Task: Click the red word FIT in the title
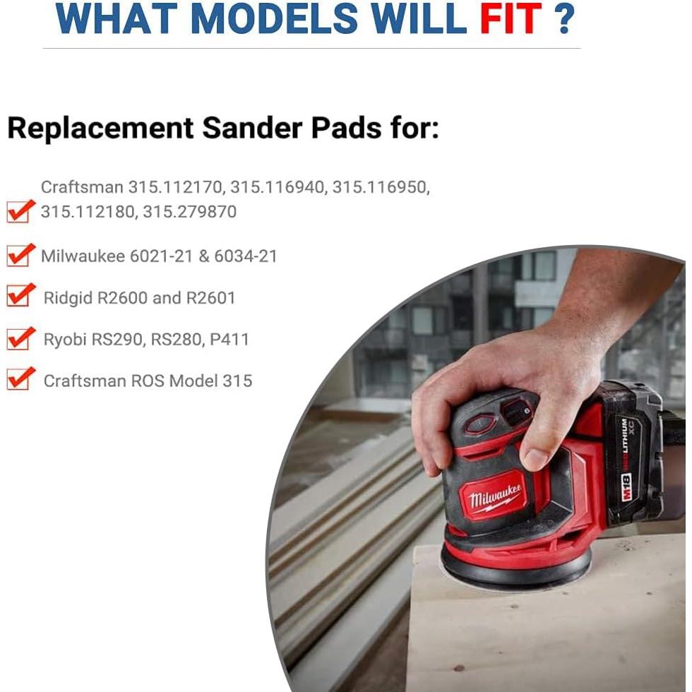511,18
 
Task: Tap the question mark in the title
564,18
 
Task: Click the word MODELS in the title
274,18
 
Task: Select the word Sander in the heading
252,128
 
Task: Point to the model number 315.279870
190,211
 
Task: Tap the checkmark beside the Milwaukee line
20,255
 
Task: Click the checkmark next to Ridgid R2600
20,295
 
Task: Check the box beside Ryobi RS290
20,338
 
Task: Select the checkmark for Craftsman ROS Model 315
20,378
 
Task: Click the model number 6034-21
246,256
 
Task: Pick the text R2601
210,298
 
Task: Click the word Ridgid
68,298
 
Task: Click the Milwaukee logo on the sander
494,496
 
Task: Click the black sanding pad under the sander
516,571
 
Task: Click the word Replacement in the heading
100,129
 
